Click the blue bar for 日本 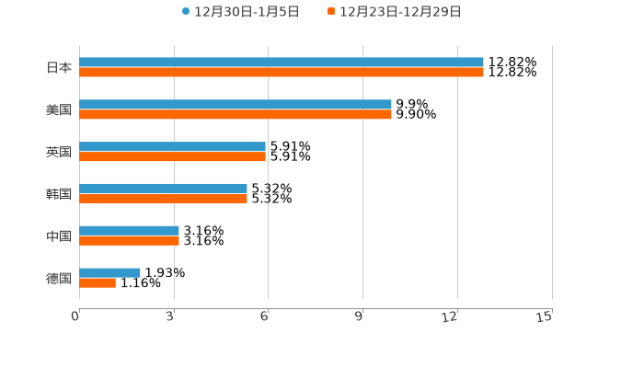coord(282,63)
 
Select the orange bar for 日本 coord(282,73)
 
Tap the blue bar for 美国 coord(236,105)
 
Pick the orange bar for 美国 coord(236,115)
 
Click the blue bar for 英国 coord(173,147)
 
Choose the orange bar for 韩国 coord(164,199)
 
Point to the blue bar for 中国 coord(130,231)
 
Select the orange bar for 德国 coord(98,282)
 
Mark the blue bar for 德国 coord(110,272)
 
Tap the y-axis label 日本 coord(59,67)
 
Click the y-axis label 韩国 coord(59,194)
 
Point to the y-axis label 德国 coord(59,278)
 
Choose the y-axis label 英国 coord(59,152)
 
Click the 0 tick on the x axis coord(75,317)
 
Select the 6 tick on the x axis coord(264,317)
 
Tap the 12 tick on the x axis coord(450,317)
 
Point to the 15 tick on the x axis coord(545,317)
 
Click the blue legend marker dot coord(186,12)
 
